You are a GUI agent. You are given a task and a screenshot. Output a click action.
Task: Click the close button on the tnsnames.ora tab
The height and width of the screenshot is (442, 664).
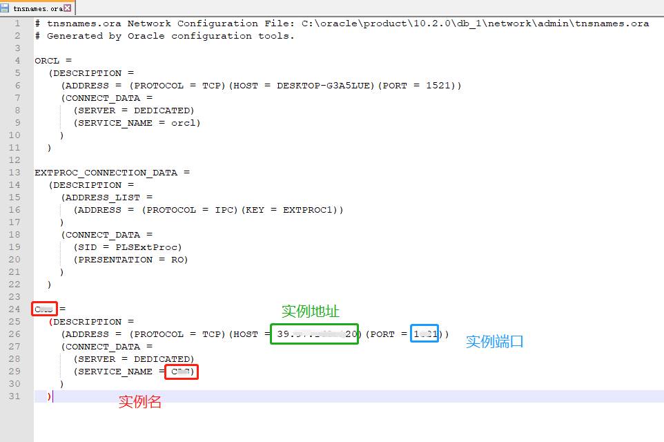pyautogui.click(x=68, y=8)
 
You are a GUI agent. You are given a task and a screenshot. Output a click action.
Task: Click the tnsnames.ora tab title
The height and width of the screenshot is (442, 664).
pyautogui.click(x=37, y=9)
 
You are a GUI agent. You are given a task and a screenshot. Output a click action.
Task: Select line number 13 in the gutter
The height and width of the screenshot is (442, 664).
pyautogui.click(x=15, y=173)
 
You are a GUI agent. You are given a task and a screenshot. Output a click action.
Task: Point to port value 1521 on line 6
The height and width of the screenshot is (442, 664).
pyautogui.click(x=438, y=86)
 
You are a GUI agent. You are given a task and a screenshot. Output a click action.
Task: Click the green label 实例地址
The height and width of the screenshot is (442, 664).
pyautogui.click(x=311, y=311)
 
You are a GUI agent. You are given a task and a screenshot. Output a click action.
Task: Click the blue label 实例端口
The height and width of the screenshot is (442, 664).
pyautogui.click(x=495, y=341)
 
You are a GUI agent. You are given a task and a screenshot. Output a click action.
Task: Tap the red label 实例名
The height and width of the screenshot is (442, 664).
pyautogui.click(x=140, y=402)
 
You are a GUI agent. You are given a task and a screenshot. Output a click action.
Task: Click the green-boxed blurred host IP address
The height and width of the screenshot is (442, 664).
pyautogui.click(x=315, y=334)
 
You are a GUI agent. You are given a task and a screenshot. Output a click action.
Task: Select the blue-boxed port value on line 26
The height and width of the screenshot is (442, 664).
pyautogui.click(x=424, y=334)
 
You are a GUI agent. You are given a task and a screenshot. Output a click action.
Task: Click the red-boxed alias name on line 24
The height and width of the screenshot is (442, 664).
pyautogui.click(x=45, y=309)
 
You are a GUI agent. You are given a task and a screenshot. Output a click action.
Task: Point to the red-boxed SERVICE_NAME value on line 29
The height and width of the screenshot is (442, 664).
pyautogui.click(x=182, y=372)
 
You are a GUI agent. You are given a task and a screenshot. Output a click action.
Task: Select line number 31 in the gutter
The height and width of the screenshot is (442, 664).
pyautogui.click(x=15, y=396)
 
